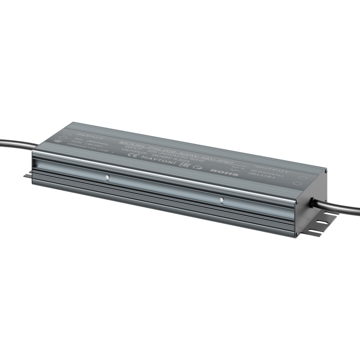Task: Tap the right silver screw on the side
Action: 222,200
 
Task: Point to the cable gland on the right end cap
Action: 312,202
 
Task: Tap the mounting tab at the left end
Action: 27,176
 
